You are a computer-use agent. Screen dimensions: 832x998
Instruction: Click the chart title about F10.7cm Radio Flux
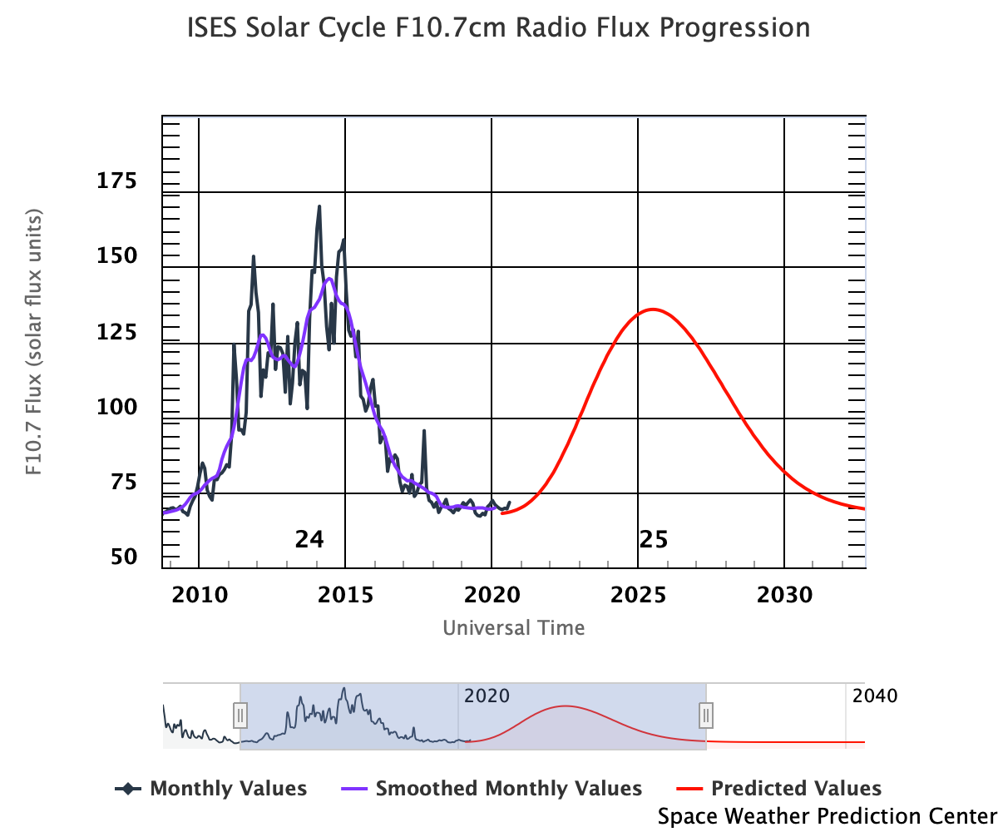pos(500,27)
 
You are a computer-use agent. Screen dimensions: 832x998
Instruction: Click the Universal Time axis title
pos(513,627)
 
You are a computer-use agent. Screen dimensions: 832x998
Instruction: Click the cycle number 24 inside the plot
pos(309,540)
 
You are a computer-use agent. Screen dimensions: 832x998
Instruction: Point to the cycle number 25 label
pos(654,540)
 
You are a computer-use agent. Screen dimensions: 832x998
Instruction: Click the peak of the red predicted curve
pos(653,310)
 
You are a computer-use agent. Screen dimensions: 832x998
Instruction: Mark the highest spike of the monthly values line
pos(319,206)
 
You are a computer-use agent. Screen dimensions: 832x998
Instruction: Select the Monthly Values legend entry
pos(211,788)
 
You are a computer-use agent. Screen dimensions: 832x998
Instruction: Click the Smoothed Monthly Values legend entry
pos(492,788)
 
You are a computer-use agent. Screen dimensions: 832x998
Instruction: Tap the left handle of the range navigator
pos(240,715)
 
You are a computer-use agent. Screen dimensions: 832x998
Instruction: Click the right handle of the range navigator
pos(706,715)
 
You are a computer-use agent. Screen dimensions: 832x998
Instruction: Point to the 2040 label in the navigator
pos(875,696)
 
